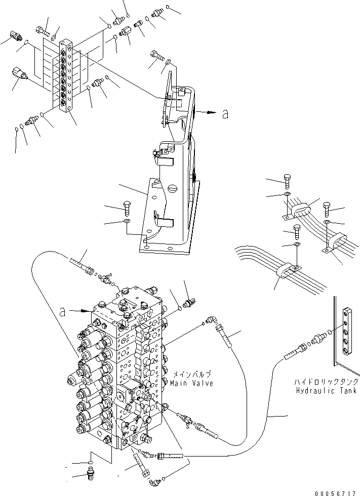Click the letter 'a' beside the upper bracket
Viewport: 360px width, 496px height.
point(225,114)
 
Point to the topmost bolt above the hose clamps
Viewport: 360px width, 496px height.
point(288,180)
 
